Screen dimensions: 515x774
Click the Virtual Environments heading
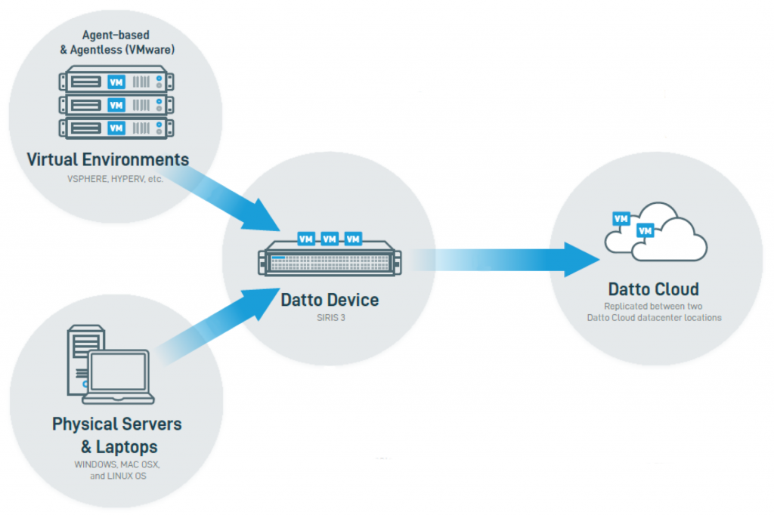(108, 160)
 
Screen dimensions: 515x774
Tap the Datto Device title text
(330, 300)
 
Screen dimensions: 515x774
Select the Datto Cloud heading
(653, 289)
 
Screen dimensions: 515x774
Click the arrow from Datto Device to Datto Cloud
(514, 259)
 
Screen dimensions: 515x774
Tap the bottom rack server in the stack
(114, 128)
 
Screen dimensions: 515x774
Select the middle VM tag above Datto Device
(330, 239)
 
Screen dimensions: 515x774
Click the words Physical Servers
(116, 424)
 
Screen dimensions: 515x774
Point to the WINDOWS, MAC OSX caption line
(116, 464)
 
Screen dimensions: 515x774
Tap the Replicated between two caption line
(653, 307)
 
